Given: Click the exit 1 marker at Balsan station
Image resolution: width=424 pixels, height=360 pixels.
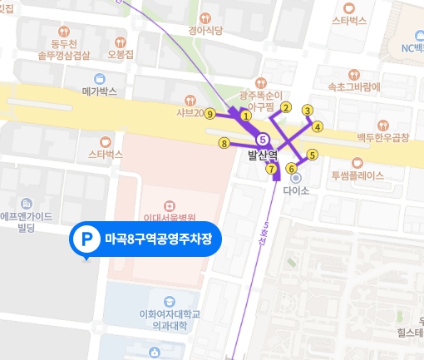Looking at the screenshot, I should [x=246, y=116].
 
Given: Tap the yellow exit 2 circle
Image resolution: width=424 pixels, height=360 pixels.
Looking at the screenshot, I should [x=285, y=106].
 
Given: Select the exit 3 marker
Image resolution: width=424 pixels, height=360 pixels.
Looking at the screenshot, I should [x=307, y=110].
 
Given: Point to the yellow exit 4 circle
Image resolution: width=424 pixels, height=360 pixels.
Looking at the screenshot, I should [x=317, y=126].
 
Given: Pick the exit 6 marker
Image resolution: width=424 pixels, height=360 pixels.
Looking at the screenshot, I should [x=291, y=169].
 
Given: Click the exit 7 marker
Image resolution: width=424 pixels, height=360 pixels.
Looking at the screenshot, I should [x=271, y=169].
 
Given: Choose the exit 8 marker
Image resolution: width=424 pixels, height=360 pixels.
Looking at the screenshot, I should [x=223, y=143].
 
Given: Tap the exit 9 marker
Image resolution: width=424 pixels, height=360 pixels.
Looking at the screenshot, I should [x=210, y=113].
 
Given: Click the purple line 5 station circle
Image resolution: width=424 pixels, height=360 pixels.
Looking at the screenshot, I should [x=264, y=139].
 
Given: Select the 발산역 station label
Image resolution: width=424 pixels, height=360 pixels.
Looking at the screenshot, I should [x=262, y=154].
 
